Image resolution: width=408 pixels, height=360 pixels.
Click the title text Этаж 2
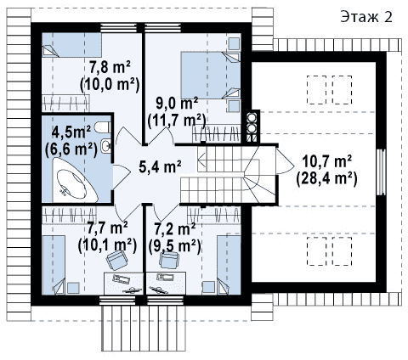point(366,17)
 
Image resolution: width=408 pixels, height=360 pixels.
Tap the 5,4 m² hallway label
point(160,166)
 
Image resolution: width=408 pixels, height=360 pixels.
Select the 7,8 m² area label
point(110,67)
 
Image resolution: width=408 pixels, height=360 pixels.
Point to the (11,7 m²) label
point(177,121)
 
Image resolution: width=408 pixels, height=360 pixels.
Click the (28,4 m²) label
point(326,179)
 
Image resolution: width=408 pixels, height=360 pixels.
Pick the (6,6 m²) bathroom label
point(71,149)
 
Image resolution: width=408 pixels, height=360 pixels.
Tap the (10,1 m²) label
point(107,245)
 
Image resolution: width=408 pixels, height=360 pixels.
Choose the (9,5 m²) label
point(175,245)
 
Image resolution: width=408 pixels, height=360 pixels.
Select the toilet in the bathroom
point(102,127)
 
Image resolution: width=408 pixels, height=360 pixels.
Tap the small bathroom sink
point(106,146)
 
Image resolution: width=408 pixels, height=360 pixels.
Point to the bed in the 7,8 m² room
point(71,45)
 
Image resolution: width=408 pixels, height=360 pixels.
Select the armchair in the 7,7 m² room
point(116,260)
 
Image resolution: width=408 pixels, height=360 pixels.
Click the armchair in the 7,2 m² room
point(169,260)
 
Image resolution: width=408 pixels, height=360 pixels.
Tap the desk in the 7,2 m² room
point(167,284)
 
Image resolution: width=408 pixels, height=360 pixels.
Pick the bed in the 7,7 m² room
point(54,265)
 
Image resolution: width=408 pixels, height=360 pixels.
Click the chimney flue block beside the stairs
point(252,127)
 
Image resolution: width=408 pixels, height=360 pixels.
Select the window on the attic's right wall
point(381,172)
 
